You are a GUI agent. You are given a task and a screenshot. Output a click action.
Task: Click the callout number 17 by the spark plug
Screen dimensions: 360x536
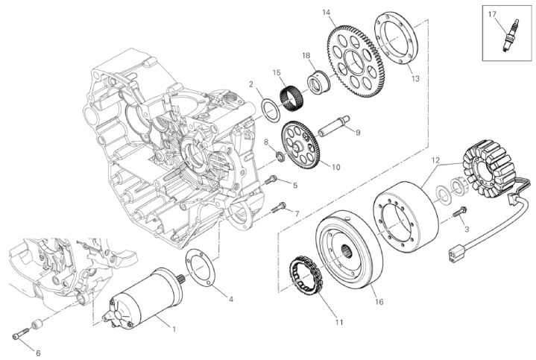coord(491,14)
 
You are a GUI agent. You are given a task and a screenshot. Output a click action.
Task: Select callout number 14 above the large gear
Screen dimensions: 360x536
coord(326,12)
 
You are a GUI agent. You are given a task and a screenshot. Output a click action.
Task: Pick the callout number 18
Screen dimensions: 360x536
coord(306,55)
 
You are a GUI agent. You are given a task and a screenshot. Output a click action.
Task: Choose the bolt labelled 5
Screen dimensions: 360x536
coord(271,179)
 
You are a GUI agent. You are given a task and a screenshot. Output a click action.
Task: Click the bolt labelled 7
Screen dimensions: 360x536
coord(280,206)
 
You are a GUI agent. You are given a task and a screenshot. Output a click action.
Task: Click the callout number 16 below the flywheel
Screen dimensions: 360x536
coord(378,303)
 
